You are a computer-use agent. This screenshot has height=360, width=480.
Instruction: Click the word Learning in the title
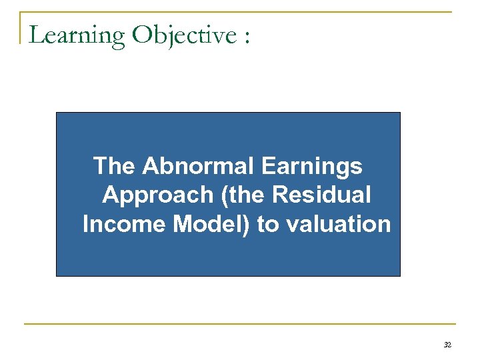77,35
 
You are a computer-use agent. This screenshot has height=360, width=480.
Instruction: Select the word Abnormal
199,165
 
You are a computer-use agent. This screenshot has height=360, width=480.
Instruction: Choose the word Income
125,224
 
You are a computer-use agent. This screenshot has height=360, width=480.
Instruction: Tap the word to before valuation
268,225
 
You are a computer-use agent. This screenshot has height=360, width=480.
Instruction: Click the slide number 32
447,345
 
